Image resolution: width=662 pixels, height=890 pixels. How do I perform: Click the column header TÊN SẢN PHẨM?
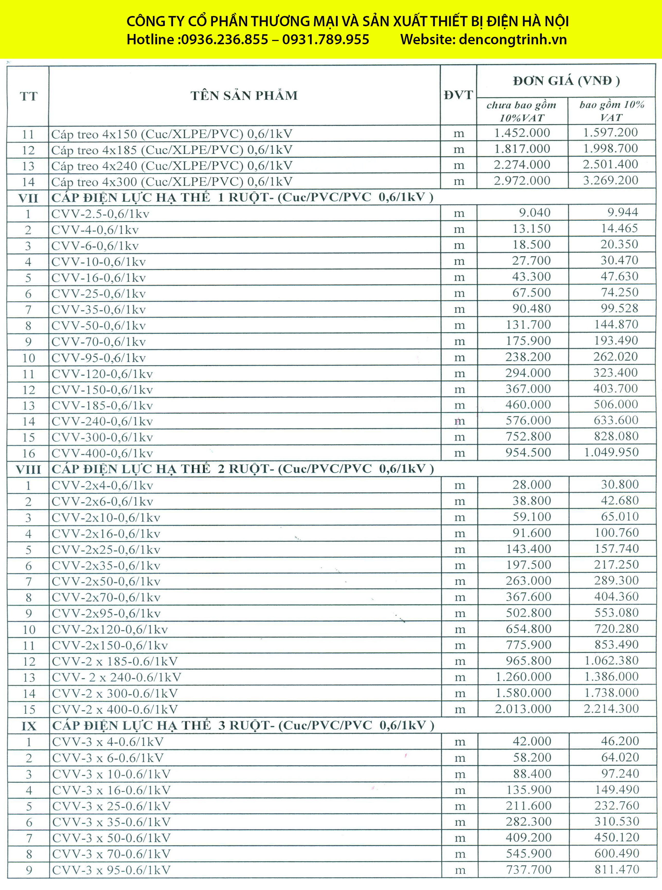(x=244, y=96)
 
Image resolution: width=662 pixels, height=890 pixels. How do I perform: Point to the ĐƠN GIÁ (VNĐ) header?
(x=566, y=81)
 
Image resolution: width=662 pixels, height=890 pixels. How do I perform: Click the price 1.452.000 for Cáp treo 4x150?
(x=522, y=133)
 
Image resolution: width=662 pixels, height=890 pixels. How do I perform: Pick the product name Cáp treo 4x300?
(x=172, y=182)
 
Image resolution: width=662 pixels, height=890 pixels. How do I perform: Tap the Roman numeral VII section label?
(x=28, y=198)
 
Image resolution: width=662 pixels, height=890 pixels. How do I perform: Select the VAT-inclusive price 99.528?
(x=620, y=308)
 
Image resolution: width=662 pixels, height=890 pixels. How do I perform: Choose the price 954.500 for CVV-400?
(x=528, y=452)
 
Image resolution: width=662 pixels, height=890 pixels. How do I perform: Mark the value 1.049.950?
(x=611, y=452)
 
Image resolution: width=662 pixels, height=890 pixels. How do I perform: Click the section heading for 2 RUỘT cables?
(x=243, y=469)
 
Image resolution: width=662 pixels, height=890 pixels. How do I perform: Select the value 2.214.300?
(x=611, y=709)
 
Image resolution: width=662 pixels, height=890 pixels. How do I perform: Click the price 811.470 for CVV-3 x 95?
(x=617, y=870)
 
